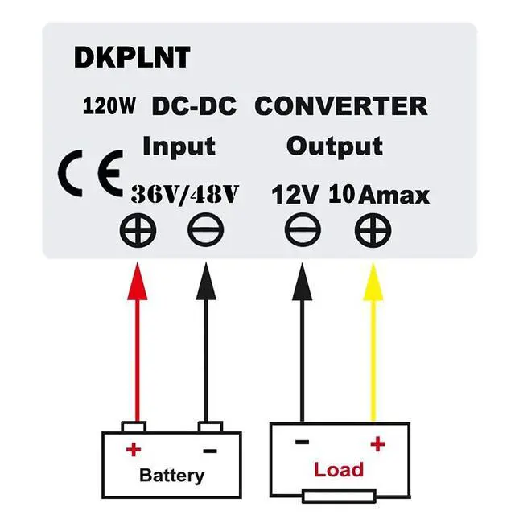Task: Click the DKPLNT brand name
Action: [132, 58]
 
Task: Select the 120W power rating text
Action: [110, 105]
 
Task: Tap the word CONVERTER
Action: [340, 105]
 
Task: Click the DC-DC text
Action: [194, 105]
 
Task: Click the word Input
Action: [179, 146]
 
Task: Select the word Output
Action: [334, 146]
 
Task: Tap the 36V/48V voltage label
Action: [185, 194]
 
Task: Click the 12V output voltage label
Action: [295, 195]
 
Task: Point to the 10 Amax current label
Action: [378, 195]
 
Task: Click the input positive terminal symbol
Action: [138, 231]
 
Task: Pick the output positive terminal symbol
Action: [373, 231]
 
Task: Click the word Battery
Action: [171, 475]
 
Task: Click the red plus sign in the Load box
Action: [377, 443]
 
